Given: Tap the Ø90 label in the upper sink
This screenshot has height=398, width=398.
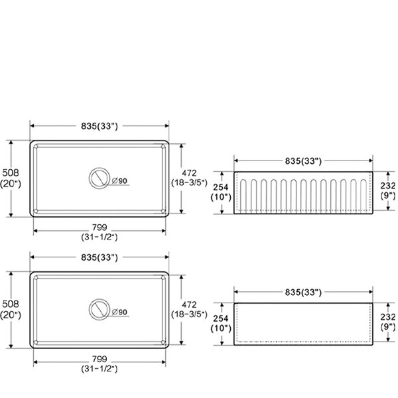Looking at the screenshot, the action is pyautogui.click(x=119, y=180).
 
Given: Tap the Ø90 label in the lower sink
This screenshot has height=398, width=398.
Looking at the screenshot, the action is pyautogui.click(x=119, y=312).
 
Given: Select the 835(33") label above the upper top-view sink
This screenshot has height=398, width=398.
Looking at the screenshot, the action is pyautogui.click(x=99, y=126).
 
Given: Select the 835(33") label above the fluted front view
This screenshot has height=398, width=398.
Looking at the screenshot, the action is pyautogui.click(x=303, y=161).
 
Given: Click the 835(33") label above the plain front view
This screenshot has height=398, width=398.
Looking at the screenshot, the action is pyautogui.click(x=303, y=292).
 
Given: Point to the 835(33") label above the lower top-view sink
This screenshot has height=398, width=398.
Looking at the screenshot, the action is pyautogui.click(x=99, y=257).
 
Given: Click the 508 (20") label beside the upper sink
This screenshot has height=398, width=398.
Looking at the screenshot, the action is pyautogui.click(x=11, y=178).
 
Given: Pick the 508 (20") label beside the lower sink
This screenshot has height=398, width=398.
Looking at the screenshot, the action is pyautogui.click(x=11, y=309).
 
